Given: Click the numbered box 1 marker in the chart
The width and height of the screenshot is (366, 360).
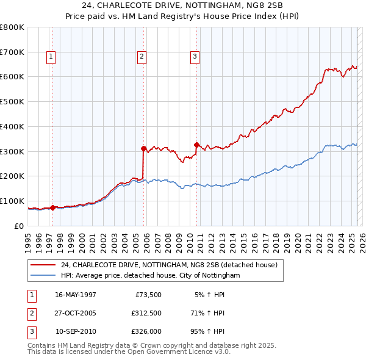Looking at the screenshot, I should click(x=51, y=57).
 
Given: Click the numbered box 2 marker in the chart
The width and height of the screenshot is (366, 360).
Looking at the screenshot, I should click(x=142, y=57).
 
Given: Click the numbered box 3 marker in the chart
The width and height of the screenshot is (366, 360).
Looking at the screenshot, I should click(x=195, y=57).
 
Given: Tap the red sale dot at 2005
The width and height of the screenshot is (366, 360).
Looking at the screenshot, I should click(x=143, y=148).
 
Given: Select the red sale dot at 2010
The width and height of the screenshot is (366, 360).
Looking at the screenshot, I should click(x=196, y=145).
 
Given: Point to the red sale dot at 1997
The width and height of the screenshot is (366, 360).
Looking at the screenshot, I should click(x=53, y=207).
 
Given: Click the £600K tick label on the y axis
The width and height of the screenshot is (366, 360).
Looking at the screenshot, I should click(x=12, y=77).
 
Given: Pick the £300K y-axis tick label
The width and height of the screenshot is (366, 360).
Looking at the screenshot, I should click(x=12, y=151).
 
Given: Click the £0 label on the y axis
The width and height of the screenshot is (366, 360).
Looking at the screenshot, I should click(x=18, y=226).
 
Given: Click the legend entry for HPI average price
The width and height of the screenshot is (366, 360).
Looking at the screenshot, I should click(x=150, y=276).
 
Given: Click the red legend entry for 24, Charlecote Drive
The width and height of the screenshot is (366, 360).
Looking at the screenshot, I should click(x=169, y=265).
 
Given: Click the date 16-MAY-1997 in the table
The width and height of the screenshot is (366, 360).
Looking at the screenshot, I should click(x=76, y=295).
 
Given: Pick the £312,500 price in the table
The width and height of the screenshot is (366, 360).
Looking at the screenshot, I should click(x=146, y=314).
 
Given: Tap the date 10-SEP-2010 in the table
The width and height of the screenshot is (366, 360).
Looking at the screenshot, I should click(x=76, y=333).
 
